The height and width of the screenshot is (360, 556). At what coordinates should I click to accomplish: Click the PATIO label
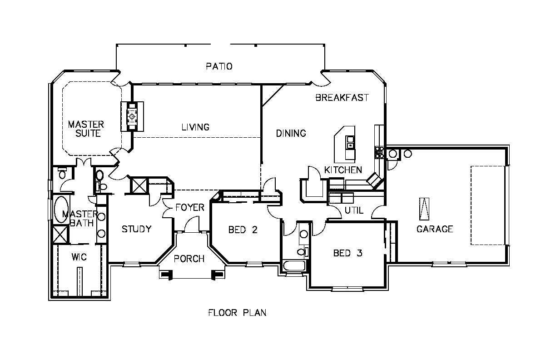pyautogui.click(x=219, y=66)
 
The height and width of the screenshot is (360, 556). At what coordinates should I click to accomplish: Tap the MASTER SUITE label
pyautogui.click(x=86, y=129)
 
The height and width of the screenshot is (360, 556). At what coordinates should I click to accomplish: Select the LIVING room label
pyautogui.click(x=195, y=127)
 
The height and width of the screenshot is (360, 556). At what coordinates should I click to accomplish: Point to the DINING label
pyautogui.click(x=291, y=133)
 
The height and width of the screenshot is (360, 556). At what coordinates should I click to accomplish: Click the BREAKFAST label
pyautogui.click(x=342, y=97)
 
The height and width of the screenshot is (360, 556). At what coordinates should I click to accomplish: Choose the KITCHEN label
pyautogui.click(x=343, y=170)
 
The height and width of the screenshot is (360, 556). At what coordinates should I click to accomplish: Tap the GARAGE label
pyautogui.click(x=435, y=229)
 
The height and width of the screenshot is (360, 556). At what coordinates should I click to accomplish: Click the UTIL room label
pyautogui.click(x=354, y=210)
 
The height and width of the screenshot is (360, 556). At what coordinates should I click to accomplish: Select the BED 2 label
pyautogui.click(x=243, y=230)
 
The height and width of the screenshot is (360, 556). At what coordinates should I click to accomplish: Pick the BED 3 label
pyautogui.click(x=347, y=253)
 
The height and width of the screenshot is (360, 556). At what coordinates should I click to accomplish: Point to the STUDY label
pyautogui.click(x=136, y=229)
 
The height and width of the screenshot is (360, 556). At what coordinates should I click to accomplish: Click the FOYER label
pyautogui.click(x=190, y=208)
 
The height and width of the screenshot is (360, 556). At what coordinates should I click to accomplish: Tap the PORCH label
pyautogui.click(x=189, y=259)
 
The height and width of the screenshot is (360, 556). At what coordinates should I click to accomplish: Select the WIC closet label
pyautogui.click(x=79, y=257)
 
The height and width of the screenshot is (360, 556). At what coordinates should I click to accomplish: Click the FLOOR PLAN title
pyautogui.click(x=237, y=313)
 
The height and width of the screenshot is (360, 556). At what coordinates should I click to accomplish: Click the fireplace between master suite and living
pyautogui.click(x=132, y=116)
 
